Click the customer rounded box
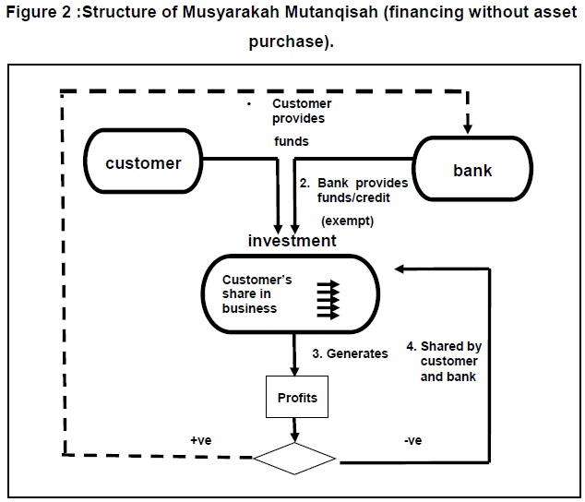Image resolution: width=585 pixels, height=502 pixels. pyautogui.click(x=143, y=164)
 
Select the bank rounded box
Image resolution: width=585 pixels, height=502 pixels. pyautogui.click(x=472, y=171)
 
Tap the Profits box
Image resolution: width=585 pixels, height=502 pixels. pyautogui.click(x=297, y=398)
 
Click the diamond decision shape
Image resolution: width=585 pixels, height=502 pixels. pyautogui.click(x=295, y=457)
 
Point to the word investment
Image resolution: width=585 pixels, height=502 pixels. pyautogui.click(x=292, y=241)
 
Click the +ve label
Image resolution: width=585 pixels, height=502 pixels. pyautogui.click(x=200, y=440)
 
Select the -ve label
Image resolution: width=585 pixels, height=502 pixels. pyautogui.click(x=413, y=440)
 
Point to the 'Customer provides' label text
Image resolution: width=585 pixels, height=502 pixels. pyautogui.click(x=298, y=112)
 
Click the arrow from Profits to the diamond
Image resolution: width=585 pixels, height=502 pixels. pyautogui.click(x=296, y=430)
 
